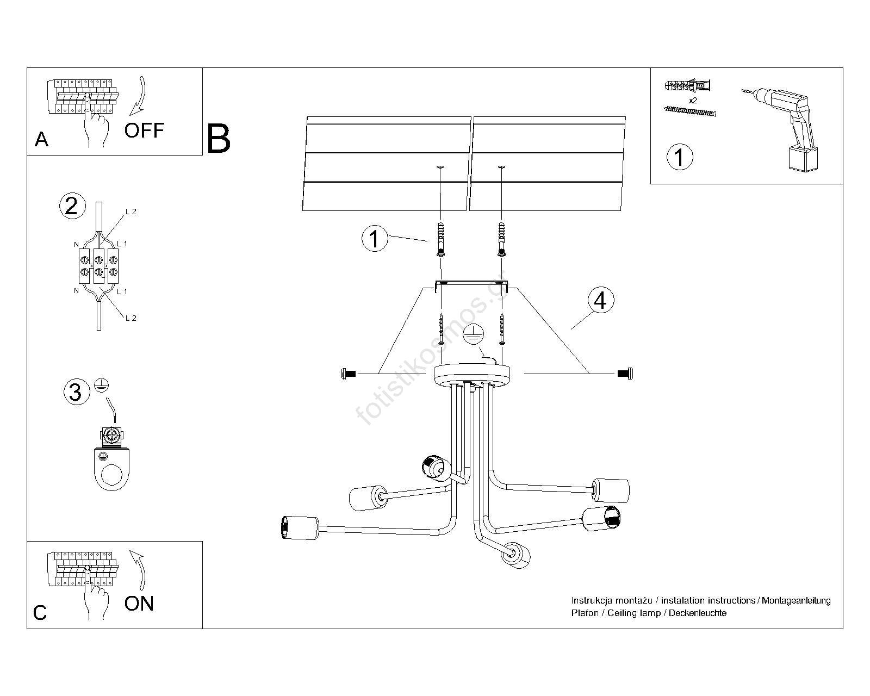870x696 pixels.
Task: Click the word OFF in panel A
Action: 144,130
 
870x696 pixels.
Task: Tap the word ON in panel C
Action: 139,604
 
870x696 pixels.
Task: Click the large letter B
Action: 218,139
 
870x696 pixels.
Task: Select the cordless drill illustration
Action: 782,129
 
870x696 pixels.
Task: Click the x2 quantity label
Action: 693,100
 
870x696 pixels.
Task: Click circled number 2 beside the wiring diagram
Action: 72,206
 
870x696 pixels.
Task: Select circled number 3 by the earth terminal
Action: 76,391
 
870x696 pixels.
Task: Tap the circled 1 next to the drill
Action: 680,157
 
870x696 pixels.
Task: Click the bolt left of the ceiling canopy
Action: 348,374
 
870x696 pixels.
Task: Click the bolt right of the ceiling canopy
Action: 625,374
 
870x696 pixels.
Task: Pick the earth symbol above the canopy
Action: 473,334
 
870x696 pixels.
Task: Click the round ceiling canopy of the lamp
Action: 472,375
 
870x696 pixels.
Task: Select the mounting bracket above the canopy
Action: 471,285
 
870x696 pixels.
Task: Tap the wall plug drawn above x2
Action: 687,86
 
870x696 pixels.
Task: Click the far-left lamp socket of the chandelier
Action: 300,527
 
